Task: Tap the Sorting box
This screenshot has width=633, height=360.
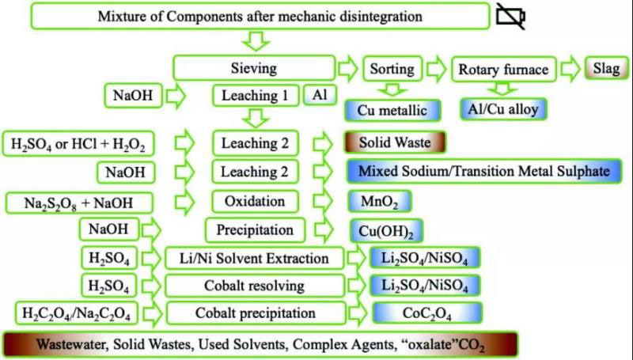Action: pos(392,69)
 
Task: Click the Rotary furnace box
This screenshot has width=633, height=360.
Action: pos(502,69)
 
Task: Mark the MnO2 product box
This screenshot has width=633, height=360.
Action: pos(380,201)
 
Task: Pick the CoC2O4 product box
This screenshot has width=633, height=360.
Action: pos(415,313)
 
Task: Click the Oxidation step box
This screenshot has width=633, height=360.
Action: pos(255,201)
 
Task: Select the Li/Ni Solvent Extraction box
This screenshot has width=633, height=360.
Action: pos(255,258)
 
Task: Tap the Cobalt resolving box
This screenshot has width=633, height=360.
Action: pos(255,285)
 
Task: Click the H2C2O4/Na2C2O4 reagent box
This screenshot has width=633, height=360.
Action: pos(77,313)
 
